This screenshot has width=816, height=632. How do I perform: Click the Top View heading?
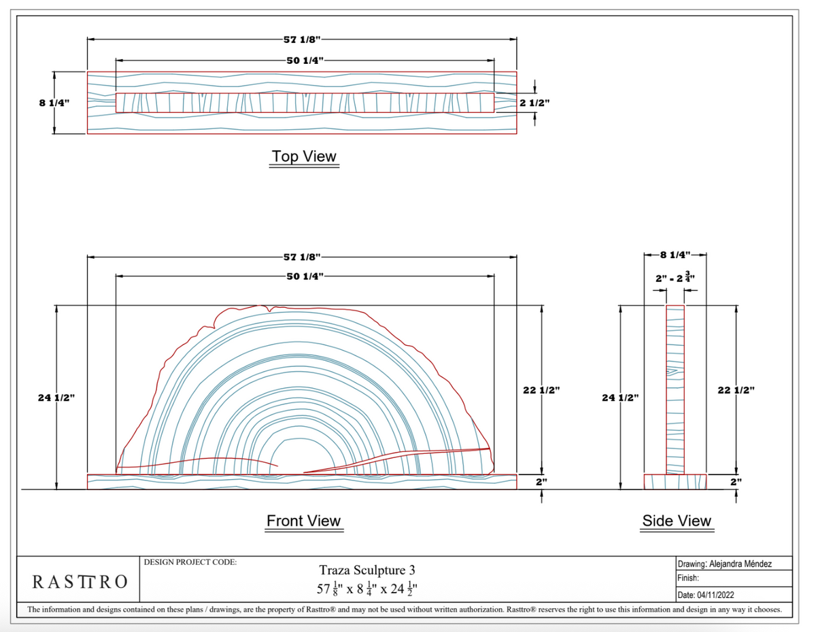click(304, 156)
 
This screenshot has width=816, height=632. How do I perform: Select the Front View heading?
click(303, 521)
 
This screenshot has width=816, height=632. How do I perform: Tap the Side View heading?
click(677, 521)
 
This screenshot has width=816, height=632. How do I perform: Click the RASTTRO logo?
click(80, 582)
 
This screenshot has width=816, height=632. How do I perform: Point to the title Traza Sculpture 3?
click(367, 570)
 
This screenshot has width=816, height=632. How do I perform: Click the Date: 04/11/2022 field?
click(706, 595)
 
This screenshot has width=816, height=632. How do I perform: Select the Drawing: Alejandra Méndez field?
click(724, 563)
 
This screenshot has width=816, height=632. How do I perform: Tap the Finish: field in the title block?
click(688, 578)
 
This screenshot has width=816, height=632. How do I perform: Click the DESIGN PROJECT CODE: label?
click(190, 562)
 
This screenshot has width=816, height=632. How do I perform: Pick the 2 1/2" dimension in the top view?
click(534, 103)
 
